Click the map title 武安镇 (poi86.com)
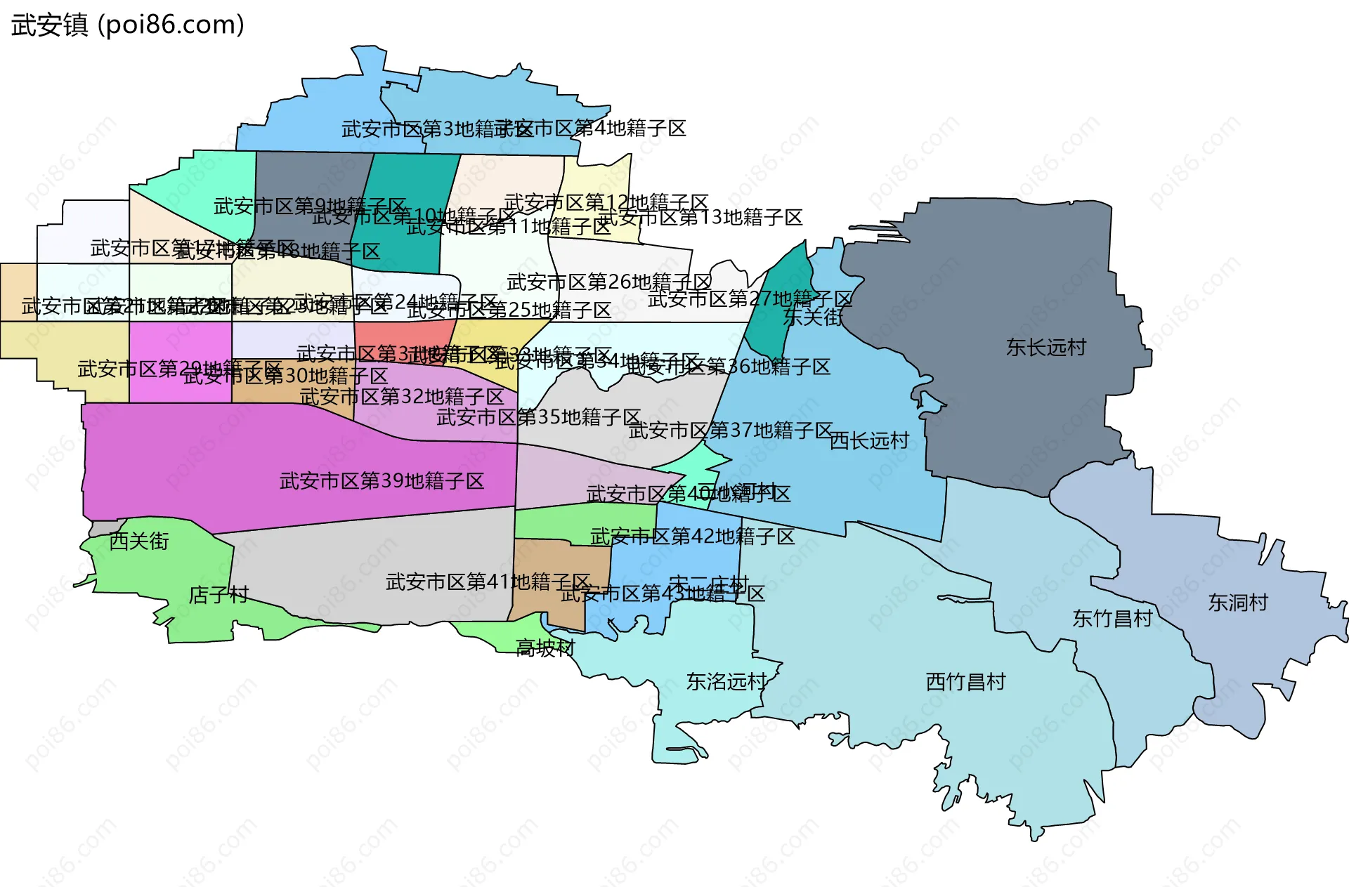coord(128,25)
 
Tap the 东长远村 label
coord(1045,347)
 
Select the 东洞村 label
coord(1238,603)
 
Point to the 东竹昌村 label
coord(1112,619)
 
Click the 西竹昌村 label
coord(965,682)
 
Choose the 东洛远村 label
coord(726,682)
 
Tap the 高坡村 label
coord(545,648)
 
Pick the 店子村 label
coord(219,595)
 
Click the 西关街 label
coord(139,541)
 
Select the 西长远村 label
coord(869,441)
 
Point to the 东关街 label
coord(813,317)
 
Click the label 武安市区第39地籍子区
coord(382,481)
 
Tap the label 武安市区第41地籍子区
coord(488,582)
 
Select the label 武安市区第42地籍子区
coord(692,537)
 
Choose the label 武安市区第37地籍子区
coord(730,430)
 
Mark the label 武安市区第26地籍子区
coord(608,282)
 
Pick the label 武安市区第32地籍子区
coord(401,397)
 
